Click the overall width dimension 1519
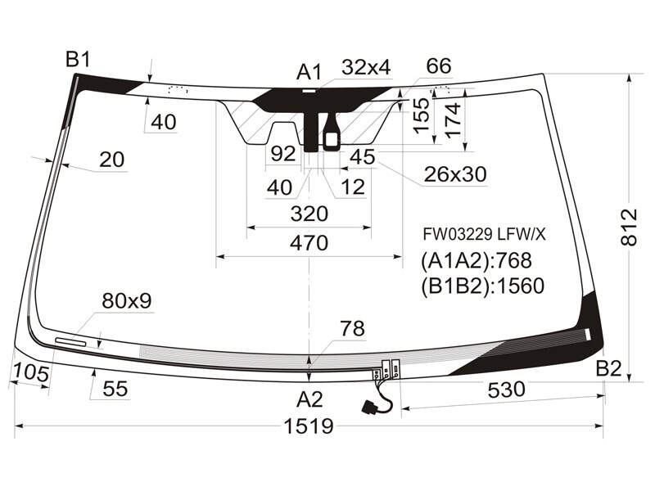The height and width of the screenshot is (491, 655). [309, 426]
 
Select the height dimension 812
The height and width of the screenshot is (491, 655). [629, 227]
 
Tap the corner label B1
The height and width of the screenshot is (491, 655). [78, 60]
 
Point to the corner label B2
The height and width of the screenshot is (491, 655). [608, 369]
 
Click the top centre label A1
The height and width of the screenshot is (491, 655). [309, 72]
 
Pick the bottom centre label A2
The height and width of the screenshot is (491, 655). [309, 399]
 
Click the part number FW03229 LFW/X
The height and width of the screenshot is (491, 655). [484, 235]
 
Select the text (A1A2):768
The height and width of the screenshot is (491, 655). [477, 260]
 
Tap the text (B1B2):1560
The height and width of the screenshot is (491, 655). [482, 286]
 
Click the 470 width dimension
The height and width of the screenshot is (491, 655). [309, 243]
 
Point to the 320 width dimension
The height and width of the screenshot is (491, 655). [309, 214]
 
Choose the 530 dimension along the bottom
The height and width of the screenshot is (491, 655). [506, 390]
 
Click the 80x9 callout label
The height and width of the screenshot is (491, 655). [127, 300]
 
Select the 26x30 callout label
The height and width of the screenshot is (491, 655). [455, 174]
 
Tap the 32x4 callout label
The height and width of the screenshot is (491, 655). [366, 67]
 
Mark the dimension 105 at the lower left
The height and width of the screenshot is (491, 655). [31, 372]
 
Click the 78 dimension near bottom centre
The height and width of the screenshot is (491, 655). [353, 329]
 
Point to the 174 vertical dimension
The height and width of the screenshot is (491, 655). [454, 119]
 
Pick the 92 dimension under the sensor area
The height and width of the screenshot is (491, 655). [283, 154]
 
